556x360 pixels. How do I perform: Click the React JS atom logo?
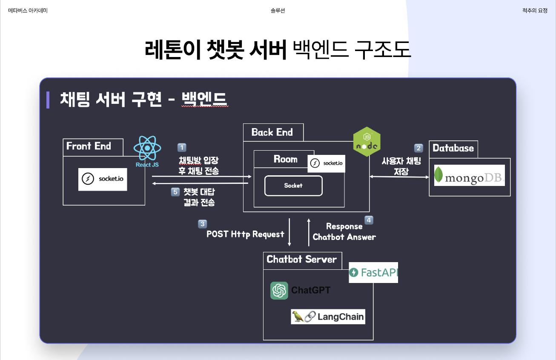pos(147,148)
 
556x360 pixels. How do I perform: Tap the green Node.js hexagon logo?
pos(367,142)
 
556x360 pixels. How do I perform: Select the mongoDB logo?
pos(470,175)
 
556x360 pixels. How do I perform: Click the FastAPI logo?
pos(373,272)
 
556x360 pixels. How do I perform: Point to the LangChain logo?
pos(328,317)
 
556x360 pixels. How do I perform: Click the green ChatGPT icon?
pos(279,291)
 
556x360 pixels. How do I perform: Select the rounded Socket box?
pos(293,186)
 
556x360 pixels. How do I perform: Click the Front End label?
pos(89,146)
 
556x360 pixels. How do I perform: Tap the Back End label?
pos(272,132)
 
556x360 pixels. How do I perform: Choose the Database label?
pos(453,148)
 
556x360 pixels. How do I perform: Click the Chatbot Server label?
pos(301,259)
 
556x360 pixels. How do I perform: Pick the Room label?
pos(285,159)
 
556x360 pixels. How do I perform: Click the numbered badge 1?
pos(182,148)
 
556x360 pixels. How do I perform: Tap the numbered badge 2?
pos(418,148)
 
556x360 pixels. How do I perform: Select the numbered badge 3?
pos(203,224)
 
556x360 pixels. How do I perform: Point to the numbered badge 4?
pos(369,220)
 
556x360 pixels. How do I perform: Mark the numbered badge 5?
pos(175,192)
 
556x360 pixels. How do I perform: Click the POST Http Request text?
pos(245,234)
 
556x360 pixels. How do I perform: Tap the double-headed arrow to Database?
pos(399,177)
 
